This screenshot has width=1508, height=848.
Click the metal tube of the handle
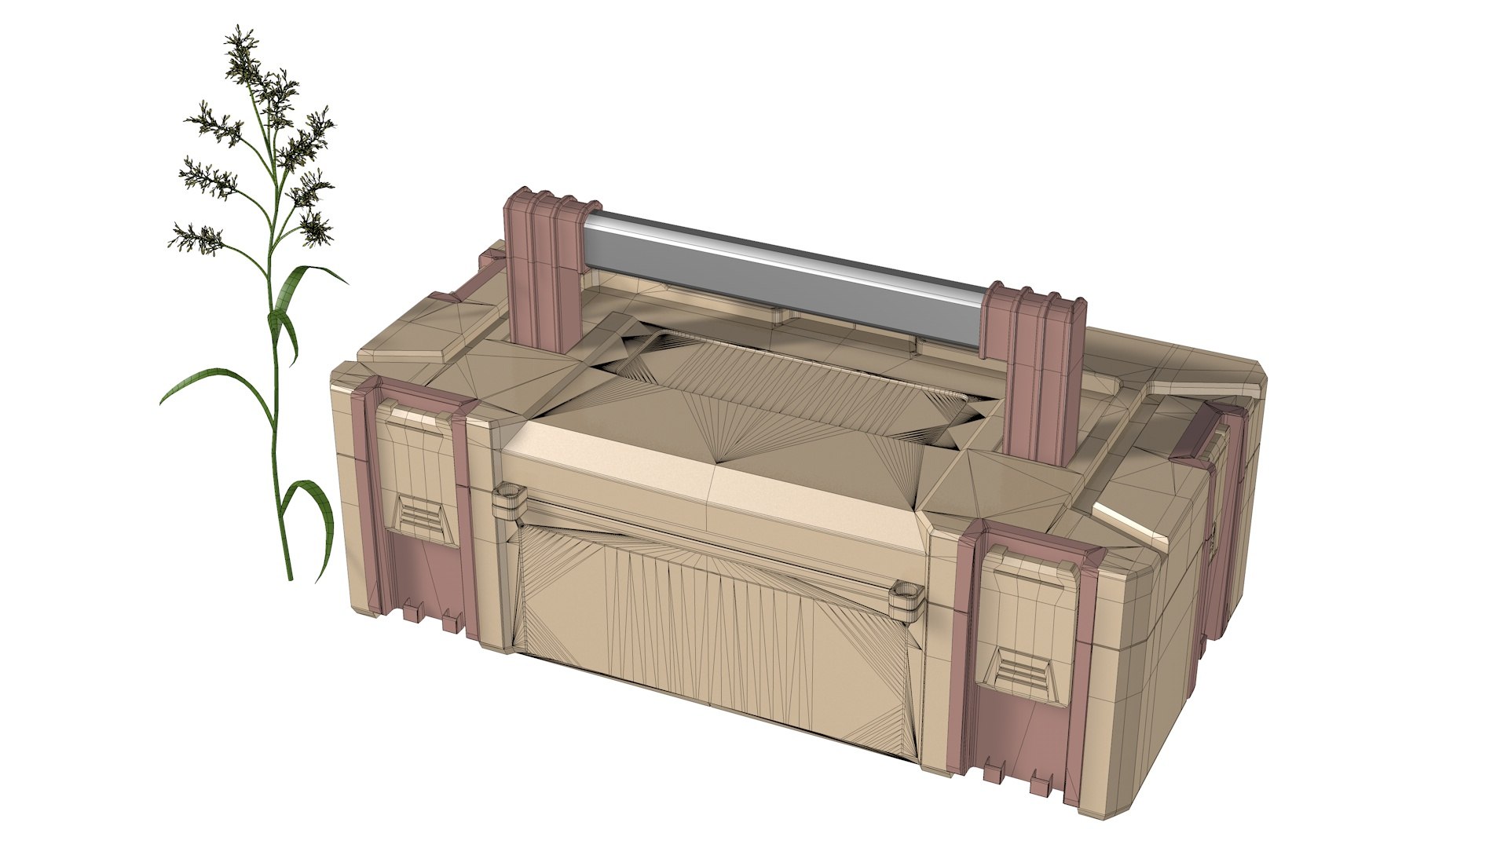[x=785, y=275]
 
